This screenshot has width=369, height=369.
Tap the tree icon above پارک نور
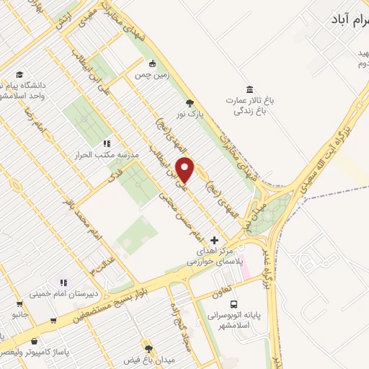pos(190,104)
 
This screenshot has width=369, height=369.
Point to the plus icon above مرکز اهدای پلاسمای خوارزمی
pos(214,240)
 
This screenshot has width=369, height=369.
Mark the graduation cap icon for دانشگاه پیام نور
pos(19,75)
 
